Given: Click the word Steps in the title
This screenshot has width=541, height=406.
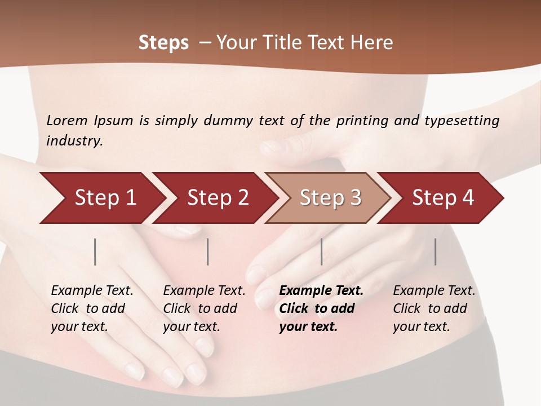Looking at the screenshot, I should coord(163,43).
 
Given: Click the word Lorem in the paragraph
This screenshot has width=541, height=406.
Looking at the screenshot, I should coord(67,120).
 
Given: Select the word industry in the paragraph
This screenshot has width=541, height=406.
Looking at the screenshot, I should coord(74,140).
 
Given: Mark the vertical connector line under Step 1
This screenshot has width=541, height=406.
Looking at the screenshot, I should coord(95,251).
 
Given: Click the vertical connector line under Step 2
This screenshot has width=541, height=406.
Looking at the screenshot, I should coord(208,251).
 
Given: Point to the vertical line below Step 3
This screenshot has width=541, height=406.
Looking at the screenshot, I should coord(321,251).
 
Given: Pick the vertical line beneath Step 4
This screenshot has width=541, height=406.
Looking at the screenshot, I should coord(435,251).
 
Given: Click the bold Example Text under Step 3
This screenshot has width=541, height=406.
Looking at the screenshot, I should coord(321,291).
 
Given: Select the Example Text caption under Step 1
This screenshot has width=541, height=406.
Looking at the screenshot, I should coord(92,291).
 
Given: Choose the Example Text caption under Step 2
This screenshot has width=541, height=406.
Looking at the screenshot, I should coord(204,291).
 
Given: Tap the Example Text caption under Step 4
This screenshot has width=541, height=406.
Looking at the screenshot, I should coord(434,291).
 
